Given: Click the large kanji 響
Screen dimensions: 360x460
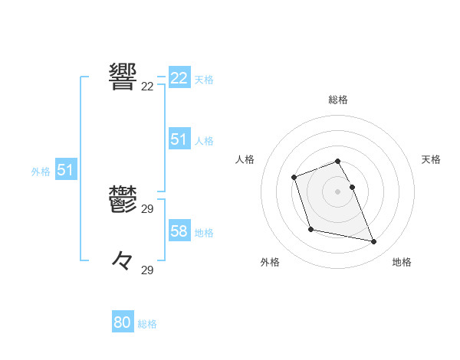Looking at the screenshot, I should tap(123, 76).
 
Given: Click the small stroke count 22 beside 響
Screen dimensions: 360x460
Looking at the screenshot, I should tap(148, 87).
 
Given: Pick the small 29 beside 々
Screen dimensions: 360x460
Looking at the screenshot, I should tap(148, 270).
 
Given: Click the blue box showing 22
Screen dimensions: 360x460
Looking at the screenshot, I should tap(179, 78).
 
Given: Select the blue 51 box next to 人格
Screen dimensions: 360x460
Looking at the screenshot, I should tap(179, 139).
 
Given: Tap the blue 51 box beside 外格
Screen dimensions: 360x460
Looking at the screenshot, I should tap(65, 170).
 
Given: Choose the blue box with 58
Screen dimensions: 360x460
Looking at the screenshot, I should tap(179, 231).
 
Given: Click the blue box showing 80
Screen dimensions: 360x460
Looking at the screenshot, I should tap(123, 322).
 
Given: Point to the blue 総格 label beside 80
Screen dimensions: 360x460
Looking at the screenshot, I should tap(147, 324).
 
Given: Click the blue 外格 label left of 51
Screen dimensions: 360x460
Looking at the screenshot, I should tap(41, 172).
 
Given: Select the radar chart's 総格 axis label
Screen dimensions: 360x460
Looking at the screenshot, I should tap(338, 100).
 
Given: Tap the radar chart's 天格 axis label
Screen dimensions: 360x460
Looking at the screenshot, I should tap(431, 159).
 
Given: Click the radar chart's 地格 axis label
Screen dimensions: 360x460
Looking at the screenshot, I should tap(402, 262).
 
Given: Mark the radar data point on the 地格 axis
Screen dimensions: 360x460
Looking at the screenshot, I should tap(374, 242).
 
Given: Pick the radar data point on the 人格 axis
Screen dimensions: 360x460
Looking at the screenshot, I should tap(294, 178).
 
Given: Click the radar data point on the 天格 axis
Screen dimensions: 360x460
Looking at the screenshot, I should tap(352, 187).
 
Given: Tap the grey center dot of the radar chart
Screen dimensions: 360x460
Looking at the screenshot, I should tap(338, 191).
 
